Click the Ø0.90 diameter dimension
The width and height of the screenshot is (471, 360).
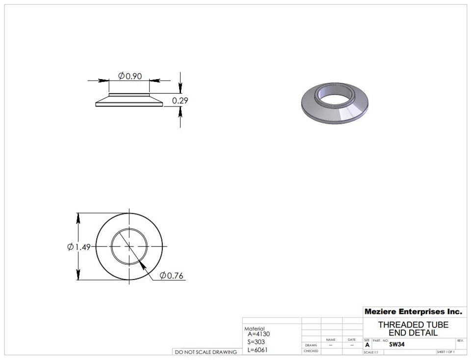(130, 76)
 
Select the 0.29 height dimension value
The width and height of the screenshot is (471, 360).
(180, 101)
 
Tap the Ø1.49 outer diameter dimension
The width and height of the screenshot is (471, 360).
(78, 247)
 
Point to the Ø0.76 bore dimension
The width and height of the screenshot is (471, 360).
(171, 276)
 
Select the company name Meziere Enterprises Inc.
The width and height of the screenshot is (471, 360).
(413, 311)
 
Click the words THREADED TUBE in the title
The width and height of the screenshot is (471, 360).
(413, 325)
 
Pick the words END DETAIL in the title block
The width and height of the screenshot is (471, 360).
(413, 332)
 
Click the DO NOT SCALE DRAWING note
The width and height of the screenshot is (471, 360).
(206, 352)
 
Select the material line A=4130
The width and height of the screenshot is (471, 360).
(259, 334)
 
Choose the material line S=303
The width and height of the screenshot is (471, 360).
(256, 341)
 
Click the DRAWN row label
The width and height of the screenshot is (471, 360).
(311, 345)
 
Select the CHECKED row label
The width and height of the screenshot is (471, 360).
(311, 351)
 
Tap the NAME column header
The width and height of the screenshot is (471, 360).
(331, 339)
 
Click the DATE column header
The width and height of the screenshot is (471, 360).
(352, 339)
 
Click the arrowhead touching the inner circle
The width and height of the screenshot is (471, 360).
(142, 265)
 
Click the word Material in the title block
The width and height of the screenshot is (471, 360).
(254, 329)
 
